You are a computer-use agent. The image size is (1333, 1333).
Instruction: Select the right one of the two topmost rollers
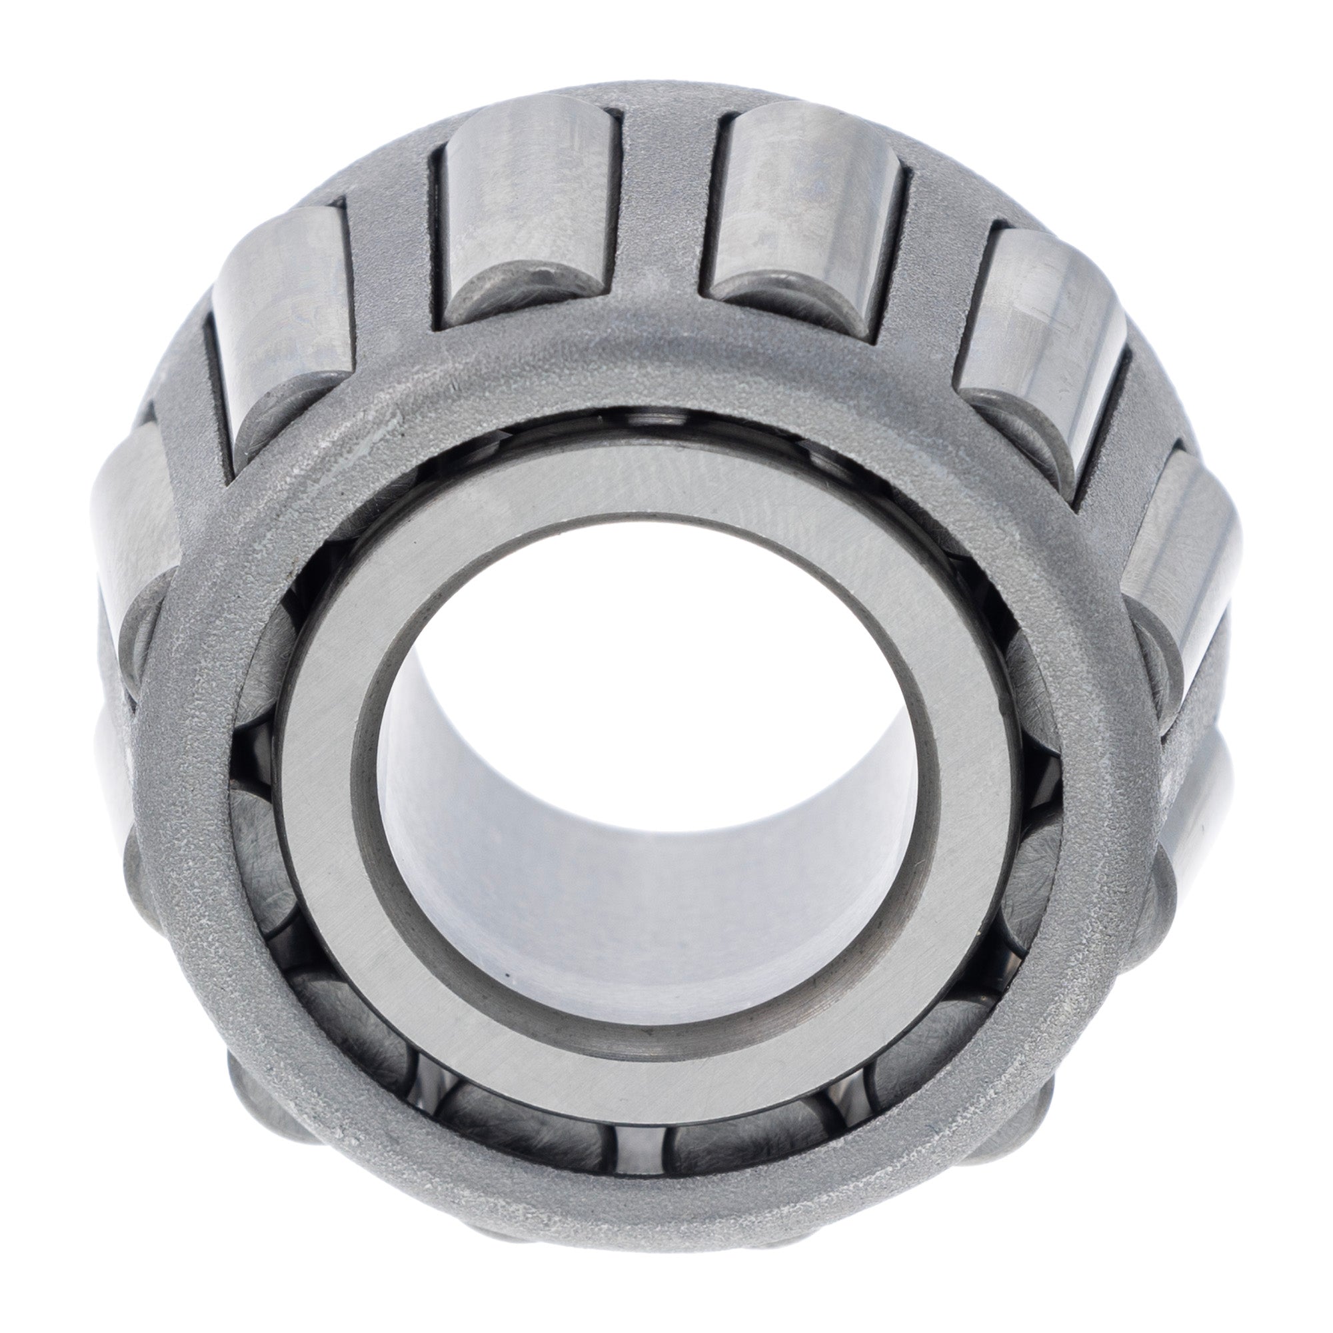[804, 200]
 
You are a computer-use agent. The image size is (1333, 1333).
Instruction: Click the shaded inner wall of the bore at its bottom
[642, 924]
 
